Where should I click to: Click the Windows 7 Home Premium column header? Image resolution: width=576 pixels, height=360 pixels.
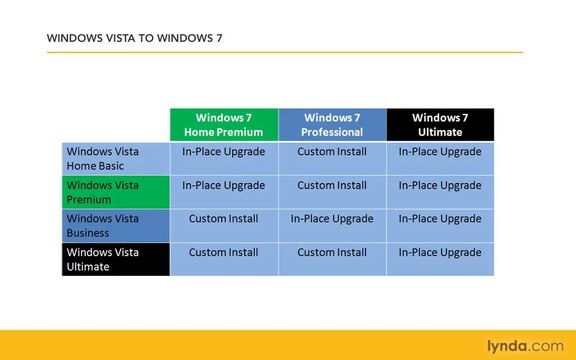pyautogui.click(x=224, y=124)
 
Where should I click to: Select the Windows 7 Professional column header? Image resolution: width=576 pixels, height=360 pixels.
pyautogui.click(x=332, y=124)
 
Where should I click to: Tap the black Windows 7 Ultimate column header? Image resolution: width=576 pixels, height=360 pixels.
pyautogui.click(x=440, y=124)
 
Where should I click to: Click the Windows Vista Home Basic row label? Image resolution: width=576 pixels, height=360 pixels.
pyautogui.click(x=115, y=158)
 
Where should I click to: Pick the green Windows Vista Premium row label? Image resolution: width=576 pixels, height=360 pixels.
pyautogui.click(x=115, y=192)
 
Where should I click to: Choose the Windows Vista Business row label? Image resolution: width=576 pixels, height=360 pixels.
pyautogui.click(x=115, y=225)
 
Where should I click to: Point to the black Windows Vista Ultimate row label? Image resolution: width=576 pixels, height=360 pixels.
pyautogui.click(x=115, y=259)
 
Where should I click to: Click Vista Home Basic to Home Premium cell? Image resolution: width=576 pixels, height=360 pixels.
pyautogui.click(x=224, y=152)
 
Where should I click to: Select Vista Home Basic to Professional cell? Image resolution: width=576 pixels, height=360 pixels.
pyautogui.click(x=332, y=152)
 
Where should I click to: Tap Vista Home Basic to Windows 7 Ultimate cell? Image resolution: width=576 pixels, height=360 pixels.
pyautogui.click(x=440, y=152)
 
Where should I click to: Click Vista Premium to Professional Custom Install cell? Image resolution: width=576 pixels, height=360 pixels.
pyautogui.click(x=332, y=185)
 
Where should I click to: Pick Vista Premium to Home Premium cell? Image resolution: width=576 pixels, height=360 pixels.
pyautogui.click(x=224, y=185)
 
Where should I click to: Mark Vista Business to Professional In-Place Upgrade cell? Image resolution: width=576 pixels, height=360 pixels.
pyautogui.click(x=332, y=219)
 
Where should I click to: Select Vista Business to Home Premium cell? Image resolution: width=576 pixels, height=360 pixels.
pyautogui.click(x=224, y=219)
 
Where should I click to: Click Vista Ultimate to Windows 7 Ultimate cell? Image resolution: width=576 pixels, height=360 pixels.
pyautogui.click(x=440, y=252)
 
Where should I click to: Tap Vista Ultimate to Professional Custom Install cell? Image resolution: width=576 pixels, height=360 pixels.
pyautogui.click(x=332, y=252)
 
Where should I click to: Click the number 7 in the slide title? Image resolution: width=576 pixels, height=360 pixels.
pyautogui.click(x=219, y=39)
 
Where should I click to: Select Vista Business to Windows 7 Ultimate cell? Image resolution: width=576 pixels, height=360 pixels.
pyautogui.click(x=440, y=219)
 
